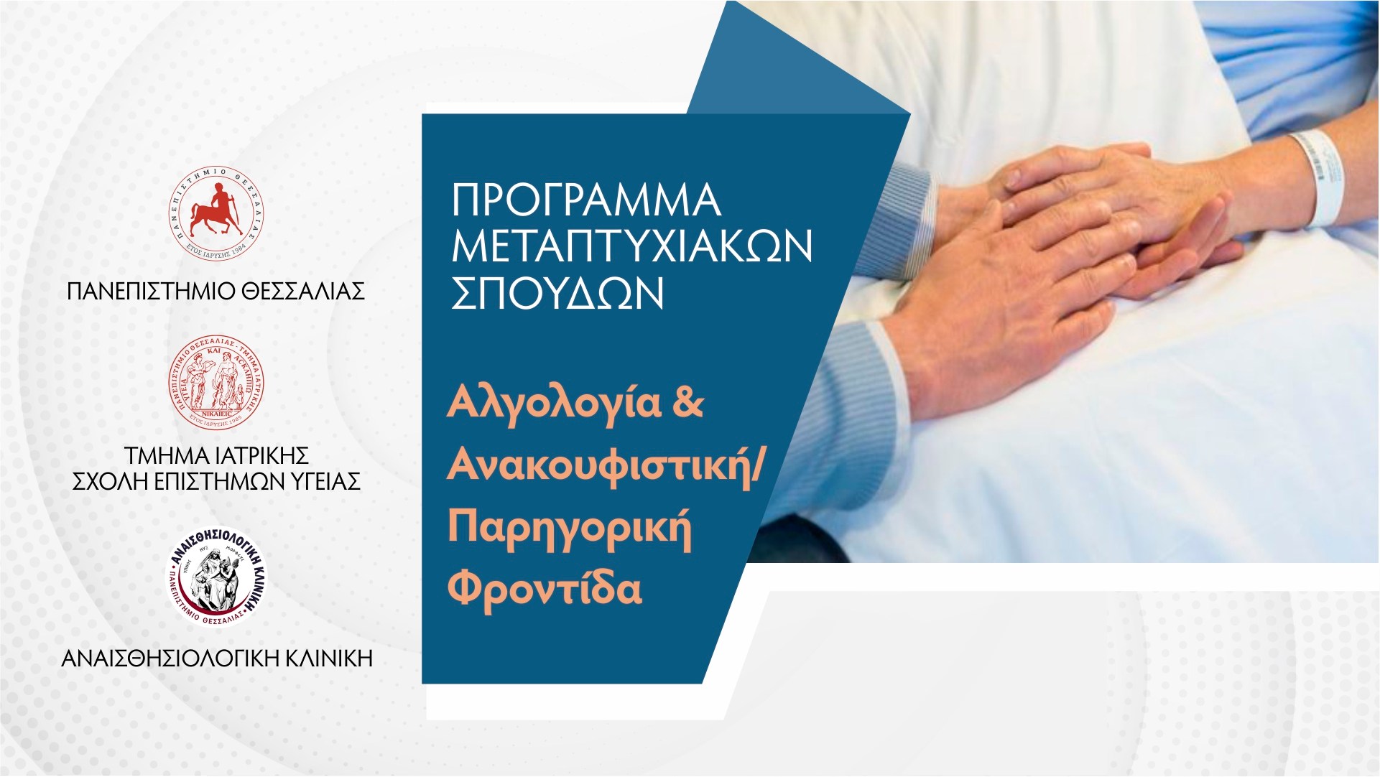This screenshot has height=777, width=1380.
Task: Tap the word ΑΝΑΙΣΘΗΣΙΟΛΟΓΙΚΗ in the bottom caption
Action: [x=168, y=658]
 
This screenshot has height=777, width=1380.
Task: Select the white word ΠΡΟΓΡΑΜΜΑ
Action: [x=585, y=202]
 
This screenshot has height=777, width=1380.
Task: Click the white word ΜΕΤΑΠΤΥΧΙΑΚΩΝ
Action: [x=632, y=248]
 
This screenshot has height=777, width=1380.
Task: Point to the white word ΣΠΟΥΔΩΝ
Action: [x=557, y=294]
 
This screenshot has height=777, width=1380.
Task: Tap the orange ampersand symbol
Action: [x=688, y=404]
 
